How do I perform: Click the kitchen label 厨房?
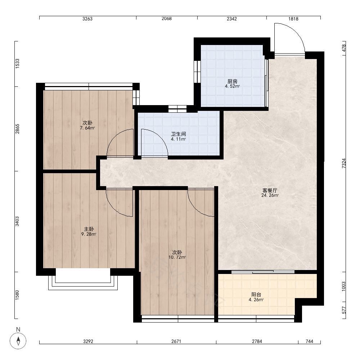coord(232,81)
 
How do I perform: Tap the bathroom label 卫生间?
coord(179,134)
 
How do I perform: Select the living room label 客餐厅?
coord(270,190)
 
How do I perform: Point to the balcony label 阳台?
coord(256,294)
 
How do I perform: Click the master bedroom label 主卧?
coord(89,229)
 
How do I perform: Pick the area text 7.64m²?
coord(87,128)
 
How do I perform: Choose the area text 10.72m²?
coord(177,257)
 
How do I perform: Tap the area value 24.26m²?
coord(270,195)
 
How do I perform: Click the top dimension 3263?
coord(87,19)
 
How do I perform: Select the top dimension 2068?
coord(166,19)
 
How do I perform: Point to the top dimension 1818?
coord(293,19)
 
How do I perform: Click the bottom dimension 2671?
coord(176,341)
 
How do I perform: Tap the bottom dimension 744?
coord(309,341)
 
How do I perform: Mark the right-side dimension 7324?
coord(344,163)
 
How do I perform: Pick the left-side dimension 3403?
coord(17,221)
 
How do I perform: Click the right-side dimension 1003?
coord(344,286)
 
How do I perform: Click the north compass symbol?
coord(18,341)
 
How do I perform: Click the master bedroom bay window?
coord(83,282)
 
